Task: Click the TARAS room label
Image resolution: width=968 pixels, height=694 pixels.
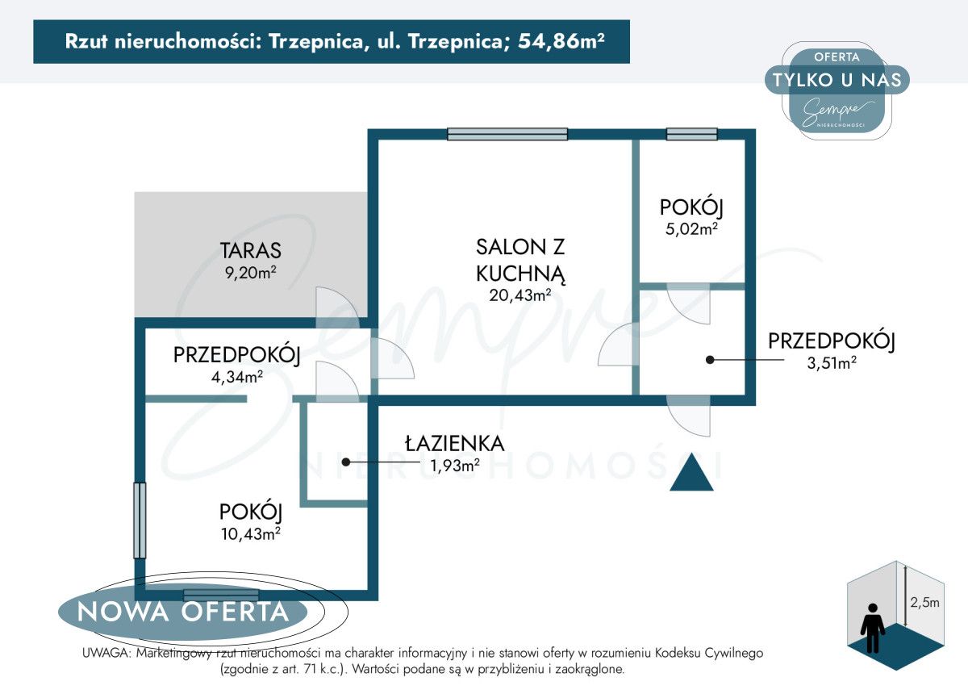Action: click(x=251, y=250)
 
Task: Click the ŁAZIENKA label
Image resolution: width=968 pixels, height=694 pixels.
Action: click(x=455, y=443)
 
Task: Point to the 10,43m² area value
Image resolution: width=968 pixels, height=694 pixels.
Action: click(x=250, y=533)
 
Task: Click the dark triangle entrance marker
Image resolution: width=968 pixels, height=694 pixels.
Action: click(x=692, y=473)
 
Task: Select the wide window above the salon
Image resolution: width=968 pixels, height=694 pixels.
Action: click(x=507, y=135)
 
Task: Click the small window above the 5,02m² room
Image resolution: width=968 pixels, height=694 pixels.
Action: click(x=691, y=135)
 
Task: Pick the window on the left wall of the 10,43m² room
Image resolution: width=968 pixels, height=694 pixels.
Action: click(x=140, y=520)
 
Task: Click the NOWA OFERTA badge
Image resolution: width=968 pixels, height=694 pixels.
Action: click(x=183, y=612)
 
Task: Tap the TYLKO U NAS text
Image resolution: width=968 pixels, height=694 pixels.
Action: click(x=837, y=79)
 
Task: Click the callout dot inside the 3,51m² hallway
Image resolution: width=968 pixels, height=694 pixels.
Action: click(x=710, y=360)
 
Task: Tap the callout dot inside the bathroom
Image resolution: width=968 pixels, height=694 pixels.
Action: click(x=346, y=462)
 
